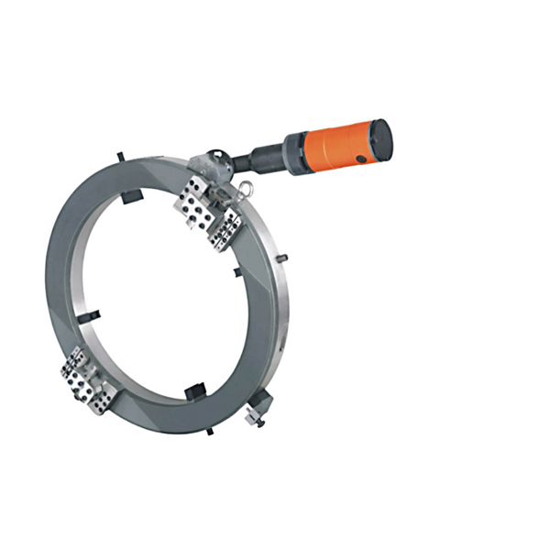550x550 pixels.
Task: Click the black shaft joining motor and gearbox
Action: (x=247, y=162)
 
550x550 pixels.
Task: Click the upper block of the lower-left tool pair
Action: (x=77, y=364)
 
